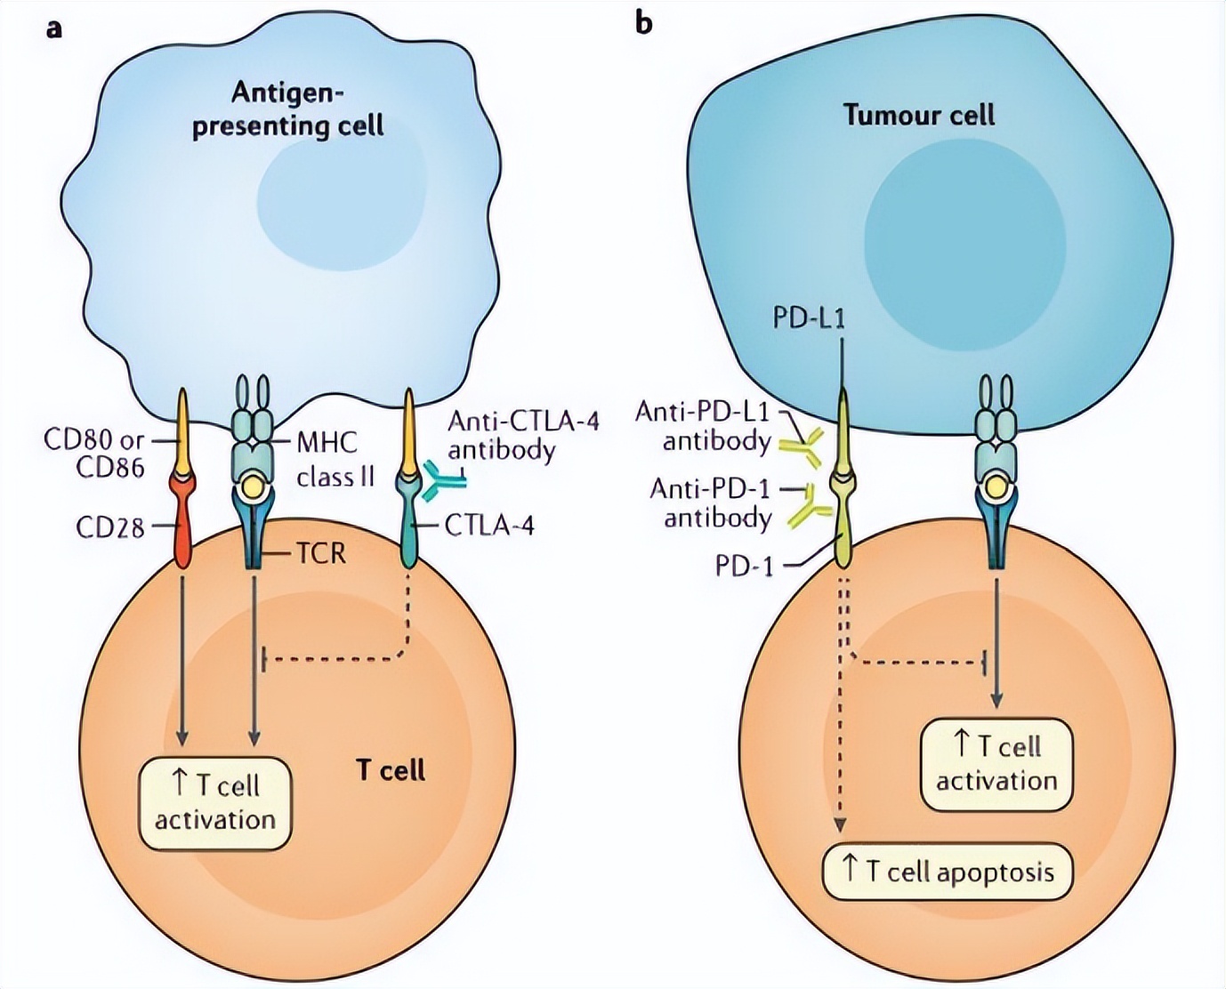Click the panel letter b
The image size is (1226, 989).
coord(643,22)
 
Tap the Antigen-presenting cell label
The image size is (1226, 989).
coord(288,109)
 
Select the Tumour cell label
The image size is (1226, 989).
coord(919,115)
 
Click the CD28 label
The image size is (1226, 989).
coord(109,527)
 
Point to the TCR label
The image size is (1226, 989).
coord(319,554)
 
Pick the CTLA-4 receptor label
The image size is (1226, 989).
coord(489,526)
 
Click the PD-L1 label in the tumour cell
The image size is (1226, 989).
coord(808,318)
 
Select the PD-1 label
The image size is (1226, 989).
coord(744,566)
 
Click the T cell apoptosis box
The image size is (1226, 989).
coord(948,871)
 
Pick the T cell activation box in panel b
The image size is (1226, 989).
coord(996,764)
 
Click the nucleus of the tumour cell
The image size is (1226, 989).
coord(965,231)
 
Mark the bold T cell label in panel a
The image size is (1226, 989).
coord(391,769)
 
